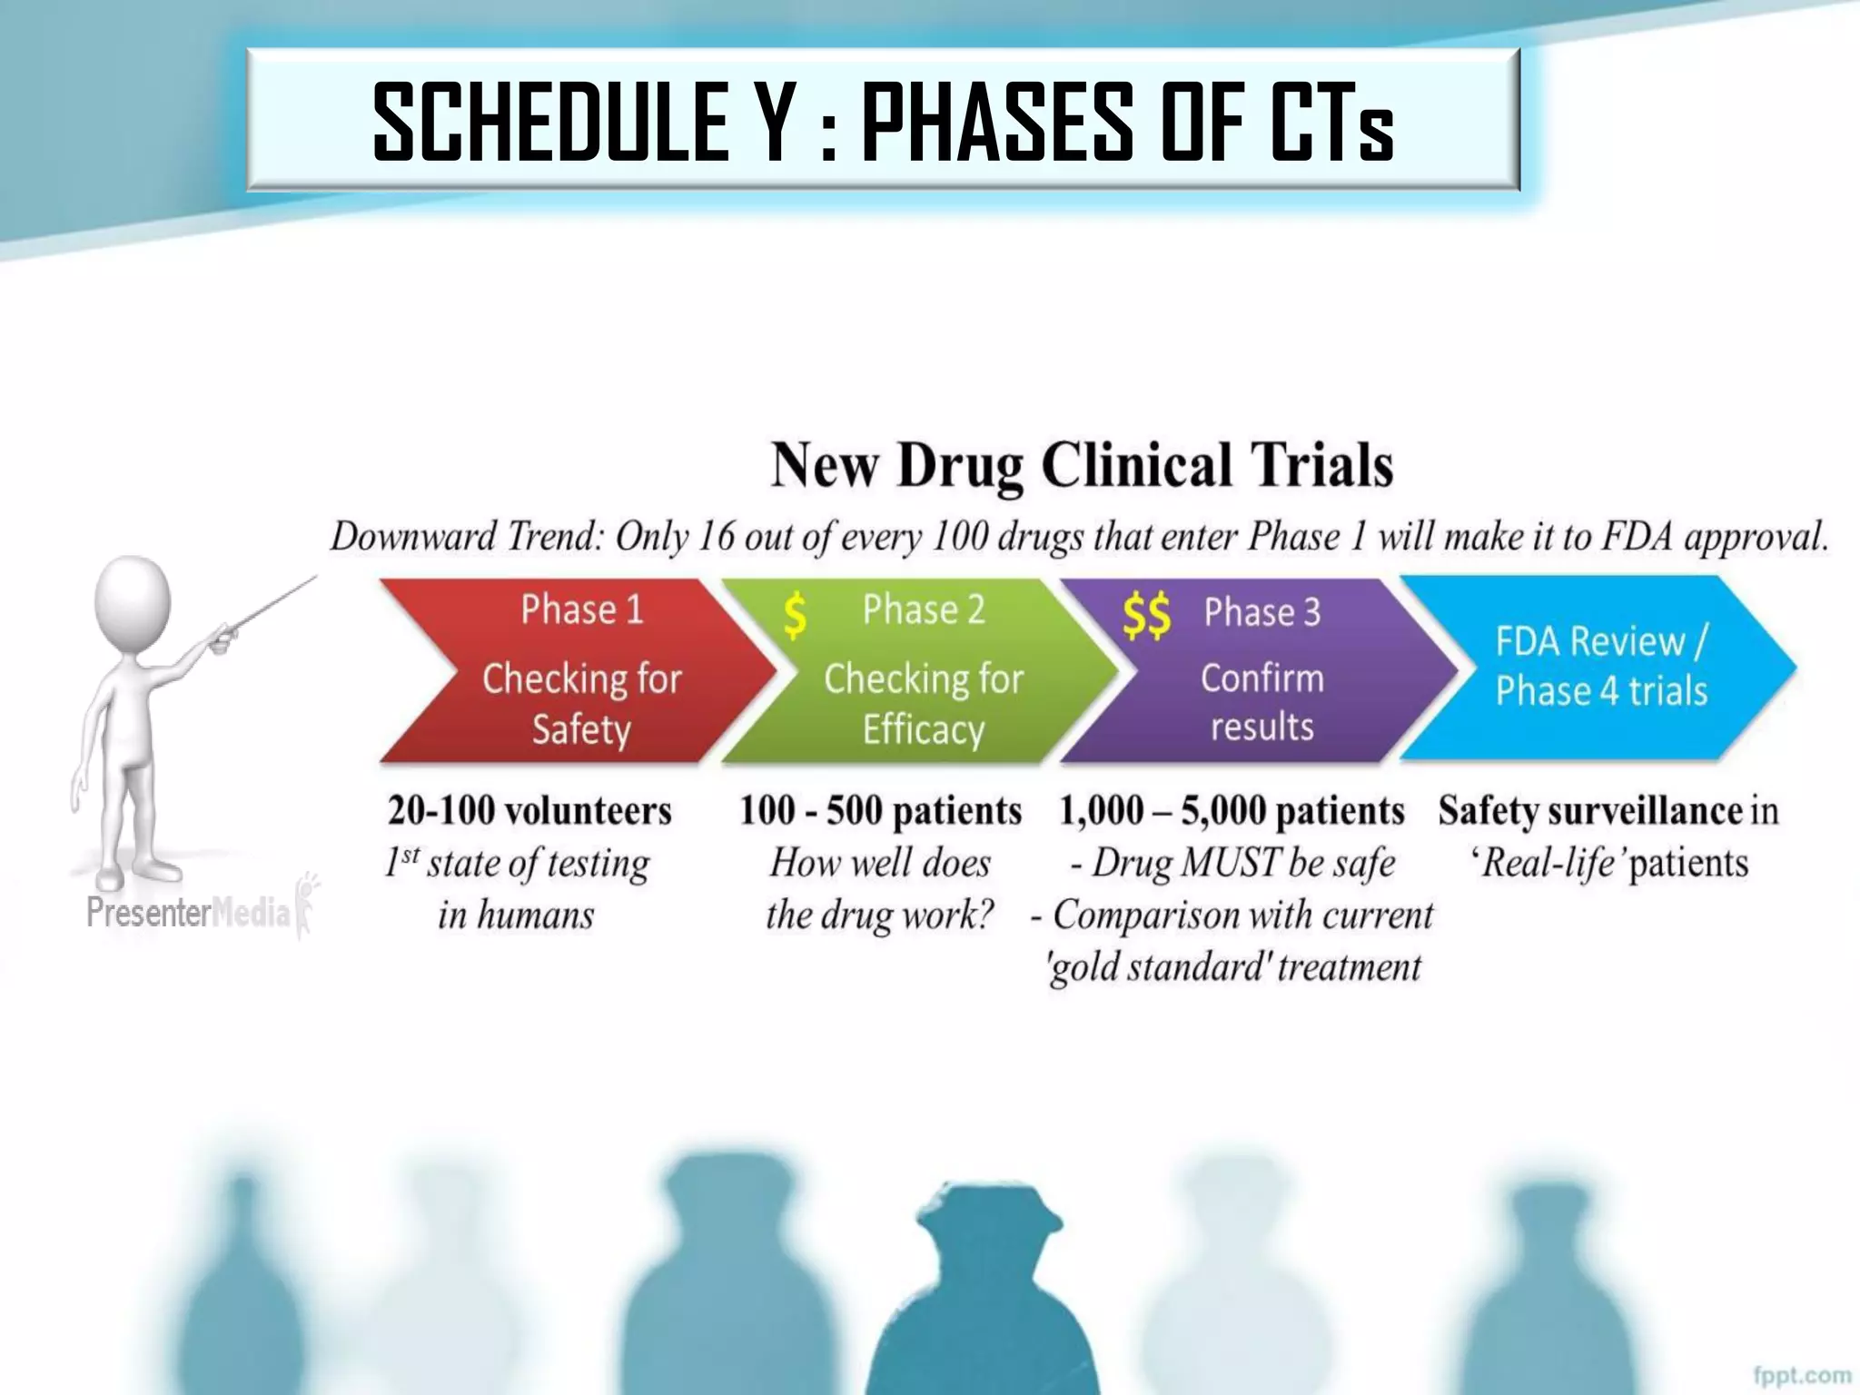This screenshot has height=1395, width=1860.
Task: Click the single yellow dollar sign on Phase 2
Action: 795,614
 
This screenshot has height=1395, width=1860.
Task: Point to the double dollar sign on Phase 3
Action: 1145,616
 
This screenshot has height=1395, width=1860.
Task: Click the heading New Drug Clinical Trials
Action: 1081,465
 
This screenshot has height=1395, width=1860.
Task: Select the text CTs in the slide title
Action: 1331,123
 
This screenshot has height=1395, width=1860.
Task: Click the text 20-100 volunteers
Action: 529,810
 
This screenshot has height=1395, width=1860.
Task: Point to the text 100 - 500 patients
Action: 880,810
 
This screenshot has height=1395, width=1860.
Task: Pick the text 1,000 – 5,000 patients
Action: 1232,810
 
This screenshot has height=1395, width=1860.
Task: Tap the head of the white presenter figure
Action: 133,599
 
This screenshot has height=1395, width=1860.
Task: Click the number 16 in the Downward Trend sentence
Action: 716,536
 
